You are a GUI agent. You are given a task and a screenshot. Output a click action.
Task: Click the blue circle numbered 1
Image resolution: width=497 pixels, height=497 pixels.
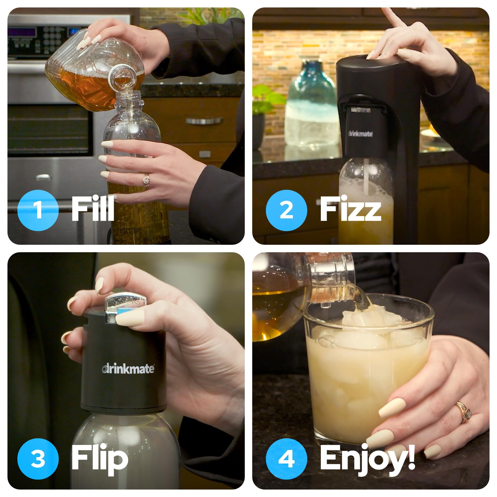tap(38, 210)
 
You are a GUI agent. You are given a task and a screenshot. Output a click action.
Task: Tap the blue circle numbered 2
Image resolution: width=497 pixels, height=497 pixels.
tap(286, 210)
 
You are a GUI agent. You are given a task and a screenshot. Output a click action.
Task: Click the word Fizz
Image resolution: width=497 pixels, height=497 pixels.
tap(350, 209)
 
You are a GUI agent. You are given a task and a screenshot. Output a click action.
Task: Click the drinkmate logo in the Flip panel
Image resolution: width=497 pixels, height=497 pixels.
tap(128, 369)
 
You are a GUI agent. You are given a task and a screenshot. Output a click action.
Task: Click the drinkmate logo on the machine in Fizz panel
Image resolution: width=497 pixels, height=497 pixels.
tap(360, 134)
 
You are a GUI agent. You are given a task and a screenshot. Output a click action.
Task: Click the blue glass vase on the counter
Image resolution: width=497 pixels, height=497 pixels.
tap(312, 108)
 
